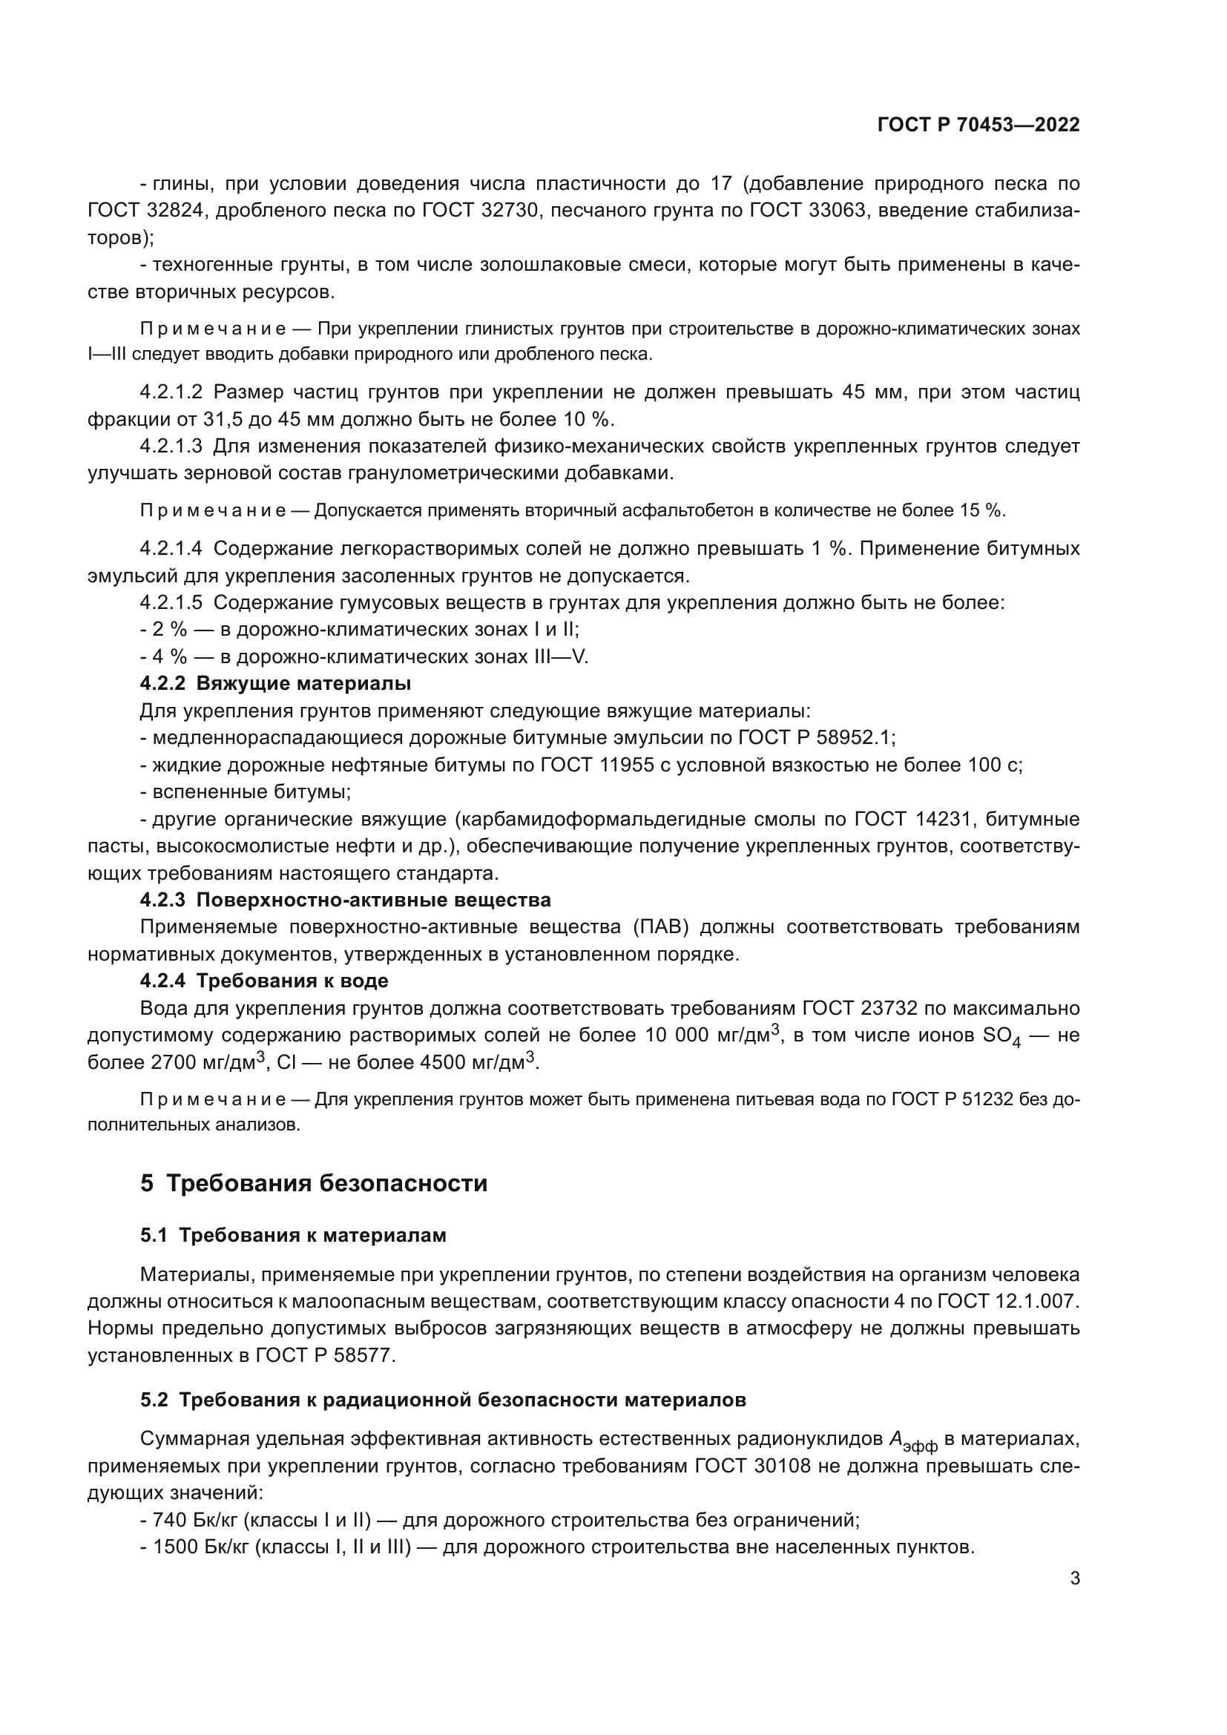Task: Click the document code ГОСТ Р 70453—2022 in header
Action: pyautogui.click(x=978, y=125)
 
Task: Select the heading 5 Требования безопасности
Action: pyautogui.click(x=314, y=1182)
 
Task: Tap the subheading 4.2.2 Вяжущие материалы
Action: pyautogui.click(x=276, y=684)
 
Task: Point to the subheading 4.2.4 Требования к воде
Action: pyautogui.click(x=264, y=981)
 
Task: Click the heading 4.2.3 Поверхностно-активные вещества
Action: pyautogui.click(x=345, y=900)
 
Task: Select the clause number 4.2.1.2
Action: pyautogui.click(x=171, y=392)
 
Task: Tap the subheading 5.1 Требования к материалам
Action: pyautogui.click(x=293, y=1236)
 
